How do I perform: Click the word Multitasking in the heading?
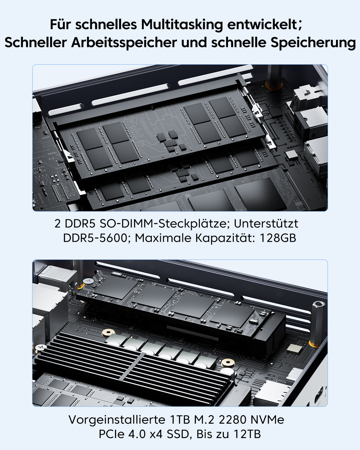[x=182, y=25]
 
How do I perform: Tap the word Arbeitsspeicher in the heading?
[x=124, y=43]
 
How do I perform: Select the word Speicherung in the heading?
[x=313, y=43]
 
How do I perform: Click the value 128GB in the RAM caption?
[x=278, y=238]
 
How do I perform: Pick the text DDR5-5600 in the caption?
[x=95, y=238]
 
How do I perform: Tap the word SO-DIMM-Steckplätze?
[x=163, y=224]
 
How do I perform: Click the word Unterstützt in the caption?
[x=266, y=223]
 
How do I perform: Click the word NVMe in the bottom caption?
[x=267, y=420]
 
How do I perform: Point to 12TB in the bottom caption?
[x=247, y=434]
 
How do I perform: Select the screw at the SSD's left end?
[x=88, y=281]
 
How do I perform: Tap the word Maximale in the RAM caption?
[x=163, y=238]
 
